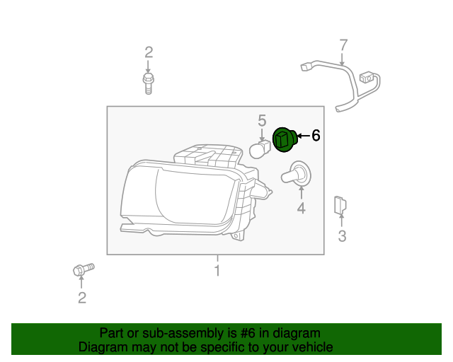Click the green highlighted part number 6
tap(285, 139)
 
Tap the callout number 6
tap(316, 135)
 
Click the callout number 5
tap(262, 121)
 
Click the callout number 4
tap(301, 208)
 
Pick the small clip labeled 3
tap(340, 206)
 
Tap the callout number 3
tap(342, 236)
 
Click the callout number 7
tap(343, 46)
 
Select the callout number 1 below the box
tap(218, 271)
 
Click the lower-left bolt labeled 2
tap(83, 269)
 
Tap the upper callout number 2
tap(149, 52)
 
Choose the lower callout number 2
tap(82, 298)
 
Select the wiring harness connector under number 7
tap(367, 78)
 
